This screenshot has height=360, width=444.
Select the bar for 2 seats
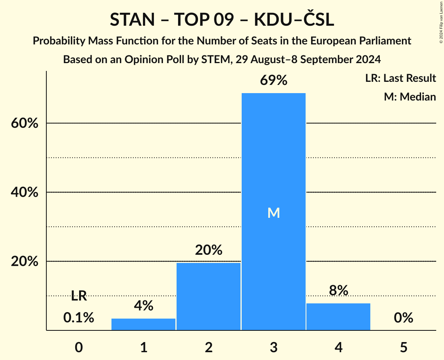pos(209,296)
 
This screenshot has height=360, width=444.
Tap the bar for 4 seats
pos(338,316)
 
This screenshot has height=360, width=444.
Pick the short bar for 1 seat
pos(143,324)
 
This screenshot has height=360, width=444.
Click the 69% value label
pos(273,81)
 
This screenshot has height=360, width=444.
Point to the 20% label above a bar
pos(209,250)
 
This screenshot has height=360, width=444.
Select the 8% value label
pos(338,291)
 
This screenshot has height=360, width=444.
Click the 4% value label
pos(143,306)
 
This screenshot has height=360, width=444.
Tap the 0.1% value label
pos(79,318)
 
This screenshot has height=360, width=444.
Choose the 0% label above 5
pos(403,318)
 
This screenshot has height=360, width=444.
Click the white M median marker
pos(274,213)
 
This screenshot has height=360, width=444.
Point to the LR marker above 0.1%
pos(79,296)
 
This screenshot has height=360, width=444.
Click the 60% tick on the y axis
pos(25,124)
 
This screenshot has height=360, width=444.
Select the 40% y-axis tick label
pos(25,192)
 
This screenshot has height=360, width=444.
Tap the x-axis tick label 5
pos(403,347)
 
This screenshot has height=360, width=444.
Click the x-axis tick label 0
pos(79,347)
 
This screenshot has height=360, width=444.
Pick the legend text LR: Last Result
pos(400,78)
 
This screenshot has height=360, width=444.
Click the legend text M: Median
pos(410,97)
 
